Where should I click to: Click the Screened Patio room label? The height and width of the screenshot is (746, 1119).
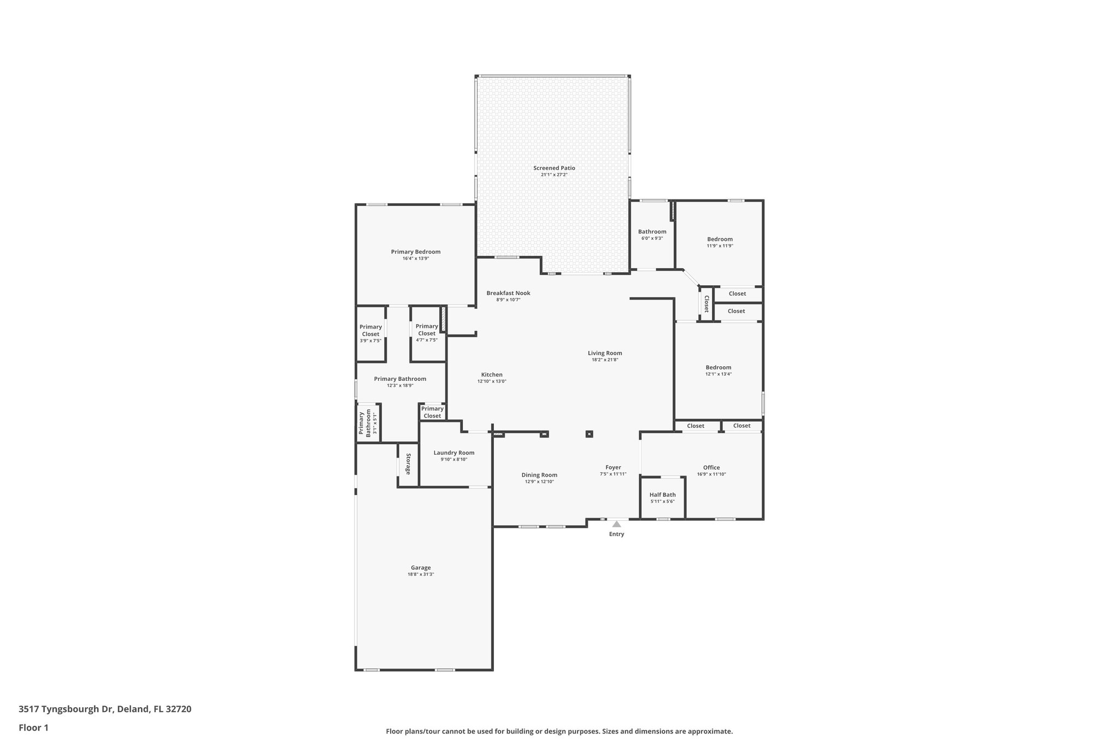point(554,168)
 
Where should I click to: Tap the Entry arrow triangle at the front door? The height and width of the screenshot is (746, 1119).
point(616,524)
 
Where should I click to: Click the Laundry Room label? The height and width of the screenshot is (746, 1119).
point(454,453)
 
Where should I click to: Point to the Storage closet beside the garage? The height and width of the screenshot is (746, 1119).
point(408,464)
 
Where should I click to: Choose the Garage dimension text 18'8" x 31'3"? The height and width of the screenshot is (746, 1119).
point(421,574)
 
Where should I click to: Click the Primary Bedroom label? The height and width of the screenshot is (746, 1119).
point(415,252)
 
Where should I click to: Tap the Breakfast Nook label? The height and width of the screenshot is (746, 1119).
point(508,293)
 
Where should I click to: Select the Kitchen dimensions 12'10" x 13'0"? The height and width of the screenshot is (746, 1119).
point(492,381)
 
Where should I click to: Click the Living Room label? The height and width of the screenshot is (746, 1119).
point(605,353)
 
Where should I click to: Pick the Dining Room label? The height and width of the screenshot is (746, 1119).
point(539,475)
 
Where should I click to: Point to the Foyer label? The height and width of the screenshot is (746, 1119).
point(613,467)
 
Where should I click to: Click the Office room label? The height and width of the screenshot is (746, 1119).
point(711,467)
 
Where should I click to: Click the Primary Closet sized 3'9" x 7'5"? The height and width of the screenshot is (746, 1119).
point(370,333)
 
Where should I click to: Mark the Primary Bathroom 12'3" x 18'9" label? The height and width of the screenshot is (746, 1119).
point(400,379)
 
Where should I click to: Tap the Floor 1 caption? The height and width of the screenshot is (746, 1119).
point(33,728)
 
